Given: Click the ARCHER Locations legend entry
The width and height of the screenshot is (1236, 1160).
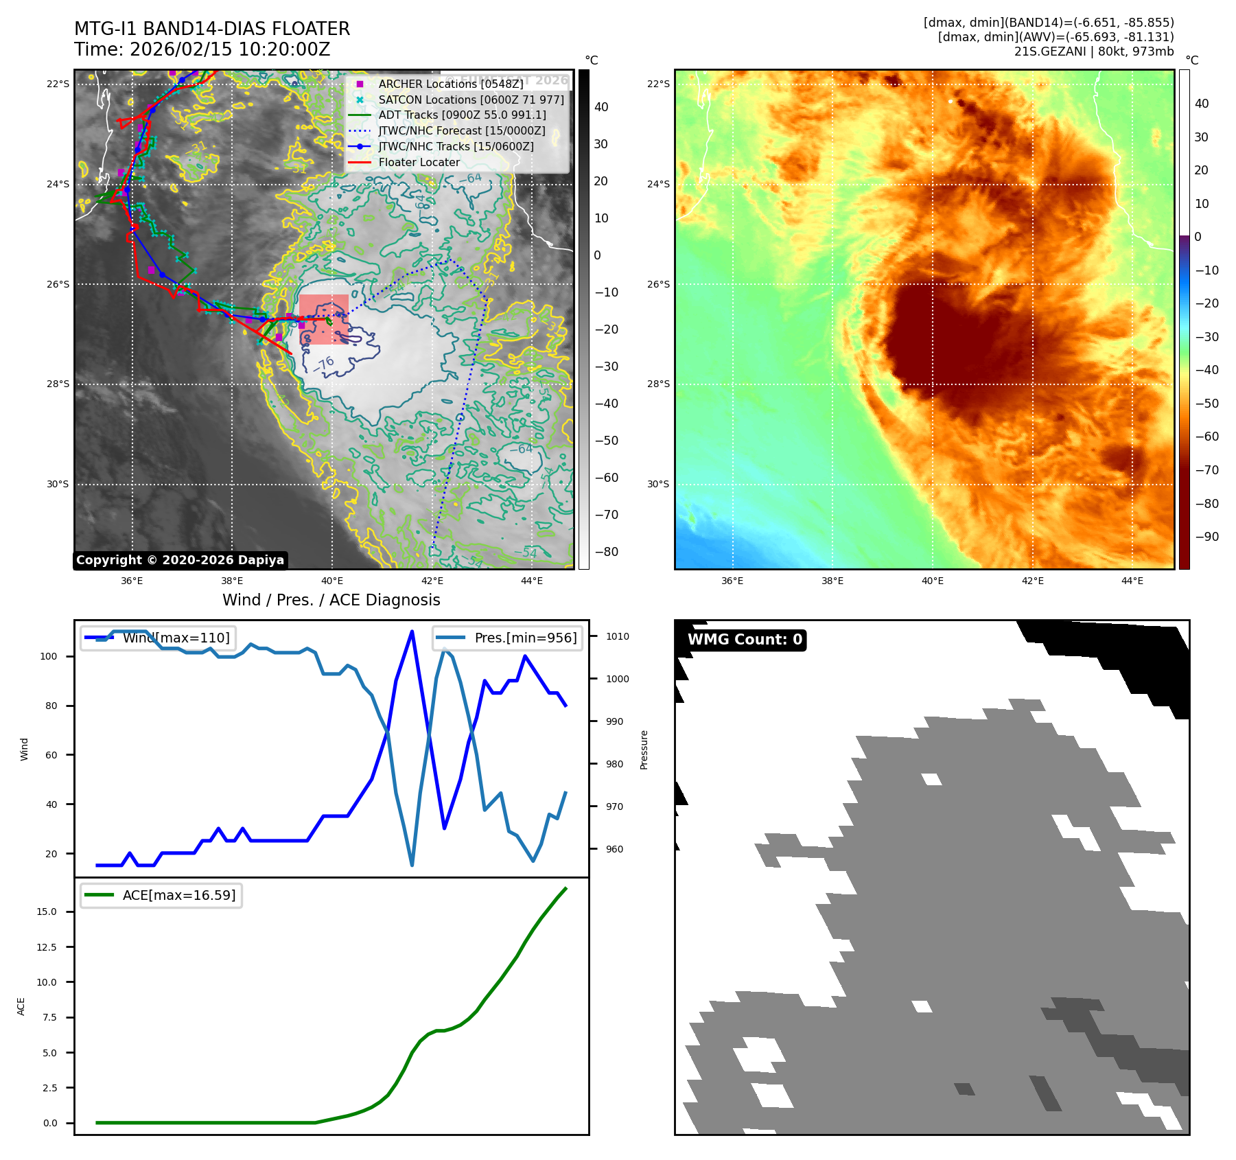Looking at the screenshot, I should click(450, 84).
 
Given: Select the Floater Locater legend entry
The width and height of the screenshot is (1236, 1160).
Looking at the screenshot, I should click(419, 163).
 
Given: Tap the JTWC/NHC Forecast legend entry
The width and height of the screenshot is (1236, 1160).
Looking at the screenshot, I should click(461, 131).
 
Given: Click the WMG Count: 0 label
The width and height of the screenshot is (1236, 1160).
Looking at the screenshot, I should click(745, 640).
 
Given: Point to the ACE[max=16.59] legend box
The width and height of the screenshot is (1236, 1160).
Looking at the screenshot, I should click(161, 895).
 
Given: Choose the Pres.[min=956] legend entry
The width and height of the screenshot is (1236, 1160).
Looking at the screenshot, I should click(508, 638).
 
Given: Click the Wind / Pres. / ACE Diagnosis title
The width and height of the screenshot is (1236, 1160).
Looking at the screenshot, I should click(331, 600).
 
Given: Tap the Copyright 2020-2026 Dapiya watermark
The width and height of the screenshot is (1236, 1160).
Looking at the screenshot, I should click(180, 560).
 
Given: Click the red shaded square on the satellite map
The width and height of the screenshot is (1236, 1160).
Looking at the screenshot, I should click(323, 319).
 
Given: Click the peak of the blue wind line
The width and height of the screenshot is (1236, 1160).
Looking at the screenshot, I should click(412, 631).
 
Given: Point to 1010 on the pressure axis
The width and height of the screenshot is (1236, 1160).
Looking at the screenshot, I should click(617, 636).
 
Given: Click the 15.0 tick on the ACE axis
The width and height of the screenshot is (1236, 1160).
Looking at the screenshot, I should click(47, 912).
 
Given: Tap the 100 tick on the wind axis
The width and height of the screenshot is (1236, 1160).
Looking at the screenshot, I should click(49, 656).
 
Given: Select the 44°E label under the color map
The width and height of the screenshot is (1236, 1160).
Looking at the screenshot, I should click(1132, 581).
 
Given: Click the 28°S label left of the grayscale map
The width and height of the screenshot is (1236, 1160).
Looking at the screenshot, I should click(58, 384).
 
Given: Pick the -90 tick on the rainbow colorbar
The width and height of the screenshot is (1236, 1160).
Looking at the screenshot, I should click(1206, 537).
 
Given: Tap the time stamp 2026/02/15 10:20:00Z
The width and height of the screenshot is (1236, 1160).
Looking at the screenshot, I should click(229, 49).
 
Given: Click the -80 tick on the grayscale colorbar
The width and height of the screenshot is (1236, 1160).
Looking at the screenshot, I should click(606, 552).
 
